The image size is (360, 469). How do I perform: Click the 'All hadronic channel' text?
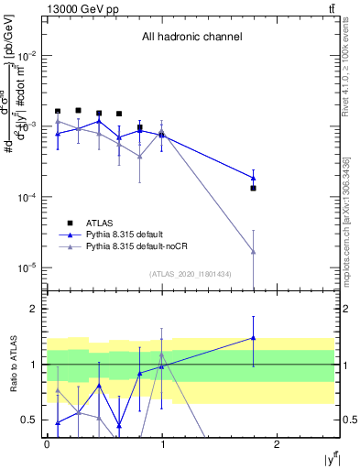[x=191, y=38]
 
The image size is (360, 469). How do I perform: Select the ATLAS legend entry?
[x=100, y=222]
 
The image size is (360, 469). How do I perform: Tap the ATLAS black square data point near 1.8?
[x=253, y=188]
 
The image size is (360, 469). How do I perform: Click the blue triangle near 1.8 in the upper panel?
[x=253, y=178]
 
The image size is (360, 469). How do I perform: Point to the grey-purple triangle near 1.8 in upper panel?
[x=253, y=252]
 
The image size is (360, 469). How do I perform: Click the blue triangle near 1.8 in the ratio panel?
[x=253, y=338]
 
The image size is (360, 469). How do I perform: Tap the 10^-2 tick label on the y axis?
[x=27, y=56]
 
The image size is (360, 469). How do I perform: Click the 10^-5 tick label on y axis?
[x=27, y=268]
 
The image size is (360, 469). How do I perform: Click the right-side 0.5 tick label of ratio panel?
[x=347, y=420]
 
